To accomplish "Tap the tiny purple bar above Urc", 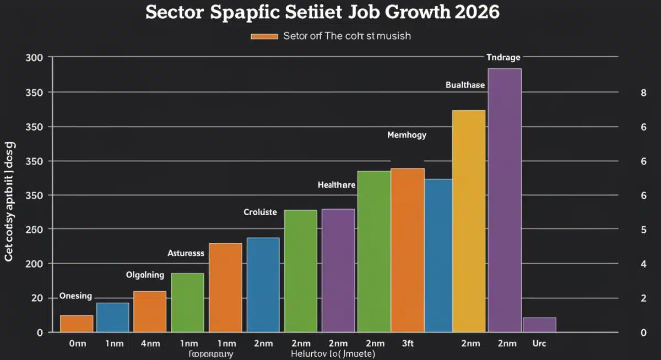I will click(x=539, y=325).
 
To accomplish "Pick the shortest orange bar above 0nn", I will click(x=77, y=324).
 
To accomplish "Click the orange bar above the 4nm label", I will click(x=150, y=312).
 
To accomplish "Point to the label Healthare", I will click(x=337, y=185).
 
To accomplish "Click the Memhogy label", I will click(x=407, y=135).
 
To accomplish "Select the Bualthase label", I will click(x=465, y=85).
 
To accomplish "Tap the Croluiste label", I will click(x=260, y=212).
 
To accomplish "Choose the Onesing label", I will click(x=75, y=296).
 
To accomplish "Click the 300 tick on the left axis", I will click(x=35, y=58).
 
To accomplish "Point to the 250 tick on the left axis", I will click(x=35, y=230).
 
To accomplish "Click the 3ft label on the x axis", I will click(x=408, y=343).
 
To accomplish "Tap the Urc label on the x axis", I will click(x=539, y=343).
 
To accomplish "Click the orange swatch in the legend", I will click(x=264, y=36).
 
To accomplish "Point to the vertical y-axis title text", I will click(x=10, y=201).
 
